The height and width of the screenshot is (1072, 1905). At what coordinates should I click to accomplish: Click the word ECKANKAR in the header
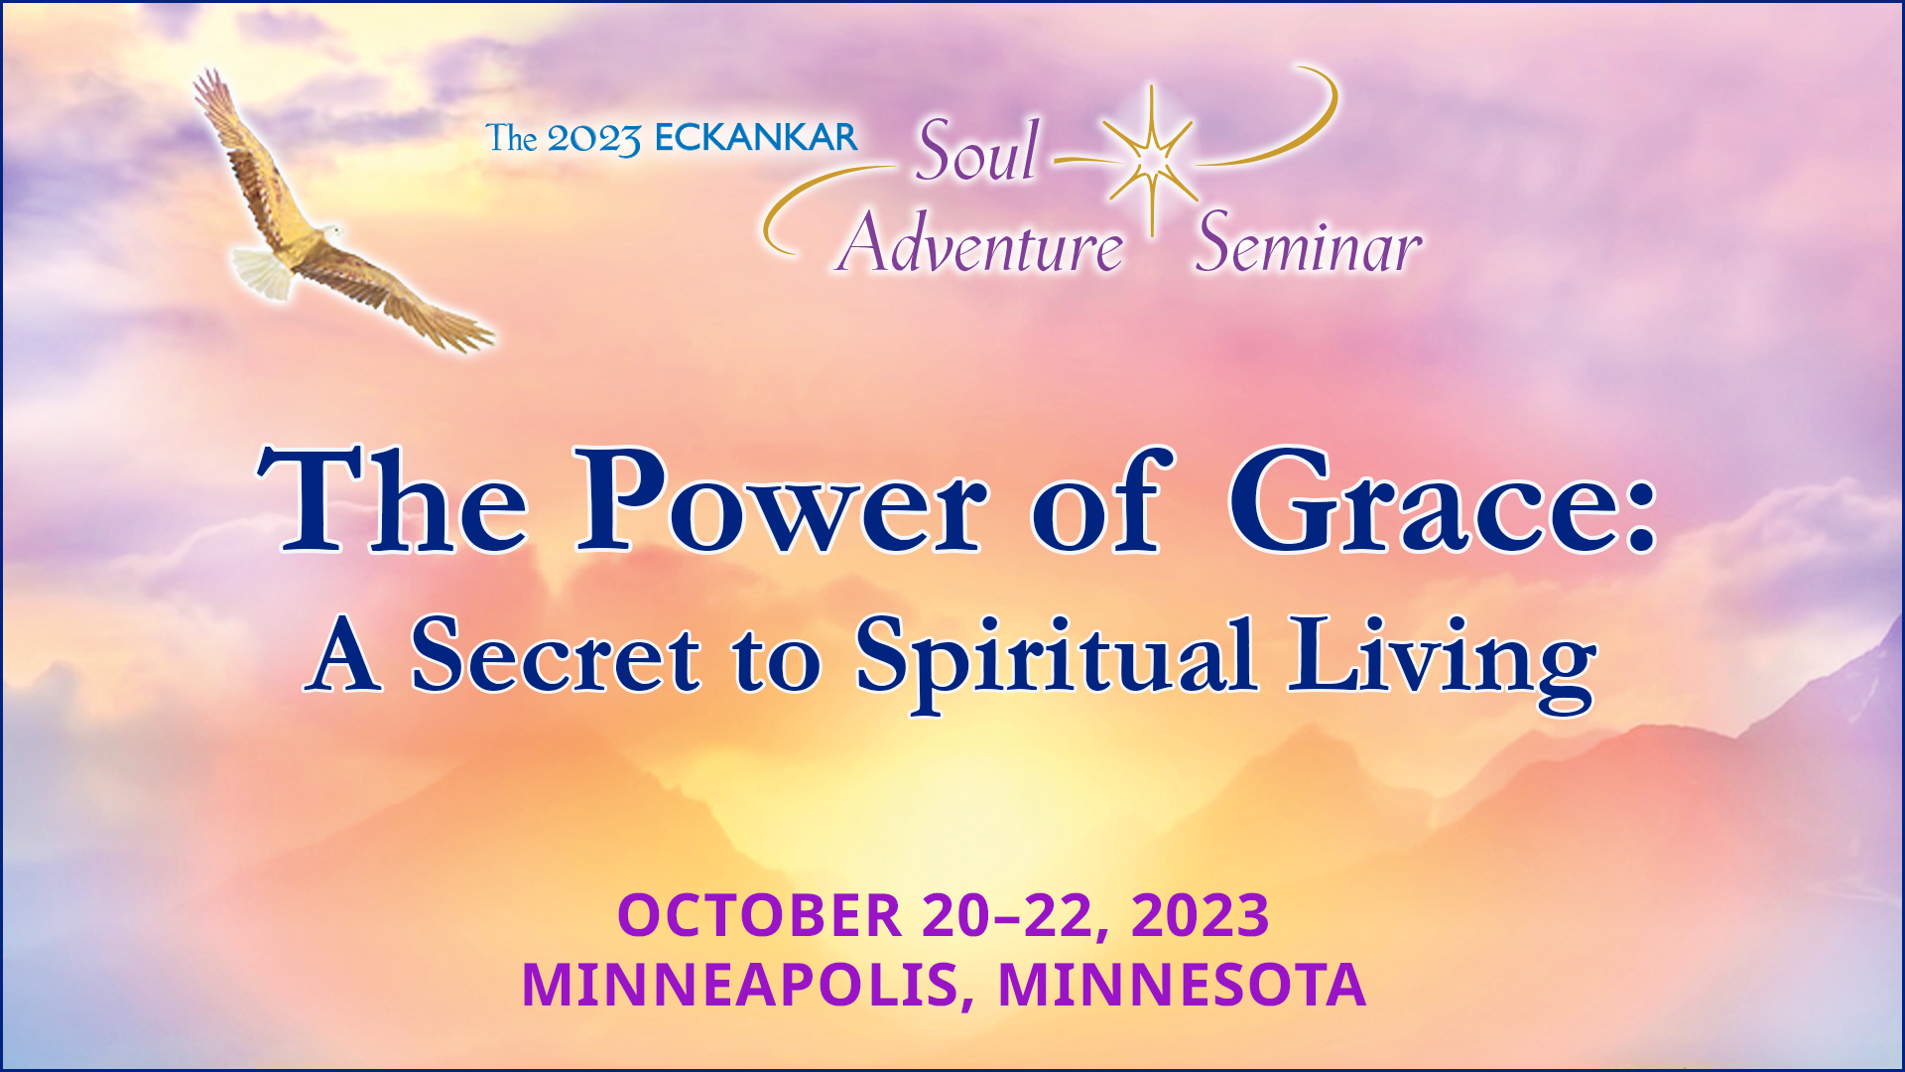[x=756, y=138]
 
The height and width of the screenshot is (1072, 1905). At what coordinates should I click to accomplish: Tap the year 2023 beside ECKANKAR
[x=593, y=140]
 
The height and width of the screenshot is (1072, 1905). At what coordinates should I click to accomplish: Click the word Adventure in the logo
[x=980, y=244]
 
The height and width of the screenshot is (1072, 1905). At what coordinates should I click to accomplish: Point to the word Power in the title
[x=782, y=502]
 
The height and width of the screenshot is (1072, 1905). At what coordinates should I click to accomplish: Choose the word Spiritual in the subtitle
[x=1056, y=659]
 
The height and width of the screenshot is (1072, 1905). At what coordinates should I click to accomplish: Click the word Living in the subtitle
[x=1442, y=659]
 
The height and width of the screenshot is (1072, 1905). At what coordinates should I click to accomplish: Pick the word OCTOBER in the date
[x=759, y=915]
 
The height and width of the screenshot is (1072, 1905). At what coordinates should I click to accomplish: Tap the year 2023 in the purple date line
[x=1200, y=915]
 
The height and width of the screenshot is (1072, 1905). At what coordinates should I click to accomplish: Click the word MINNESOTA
[x=1182, y=985]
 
